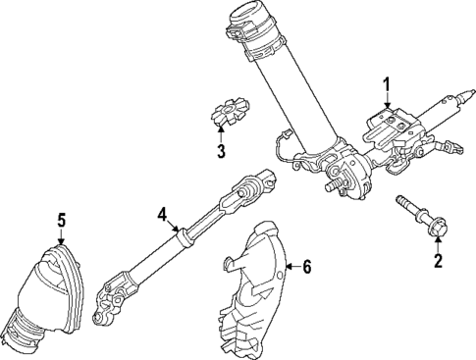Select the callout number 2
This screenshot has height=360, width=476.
pos(438,261)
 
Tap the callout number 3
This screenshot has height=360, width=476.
pos(221,151)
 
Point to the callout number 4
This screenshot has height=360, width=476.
pos(163,214)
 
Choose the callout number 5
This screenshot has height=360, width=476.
pos(61,221)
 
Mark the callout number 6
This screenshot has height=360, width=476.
pos(305,267)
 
